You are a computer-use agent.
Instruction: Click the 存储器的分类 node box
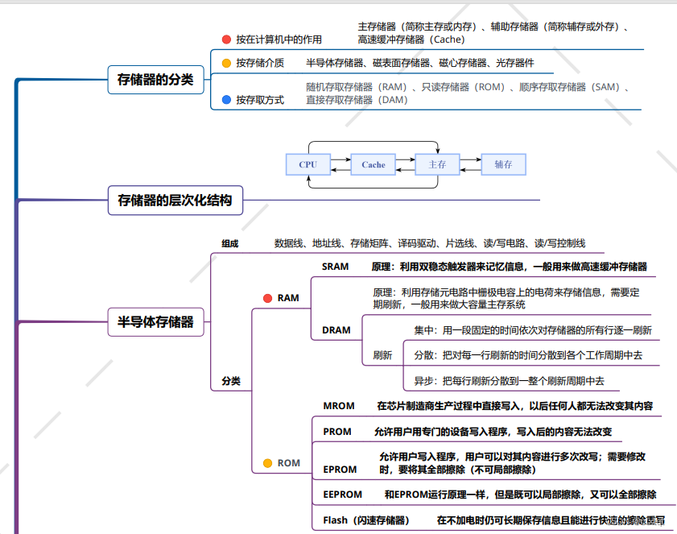coord(155,80)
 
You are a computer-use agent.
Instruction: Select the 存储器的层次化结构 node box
coord(175,200)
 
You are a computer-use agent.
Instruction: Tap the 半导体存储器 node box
coord(155,322)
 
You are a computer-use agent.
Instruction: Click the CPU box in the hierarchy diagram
coord(308,164)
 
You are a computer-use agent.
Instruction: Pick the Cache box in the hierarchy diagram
coord(374,164)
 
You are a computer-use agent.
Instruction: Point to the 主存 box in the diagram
coord(437,164)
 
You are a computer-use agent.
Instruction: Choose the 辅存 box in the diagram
coord(503,164)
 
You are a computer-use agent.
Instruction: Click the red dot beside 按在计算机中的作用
coord(226,39)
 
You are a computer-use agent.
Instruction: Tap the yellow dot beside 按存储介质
coord(226,63)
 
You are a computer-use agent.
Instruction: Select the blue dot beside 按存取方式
coord(226,100)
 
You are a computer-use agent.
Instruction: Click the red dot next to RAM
coord(267,298)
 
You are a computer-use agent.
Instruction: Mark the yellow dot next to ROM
coord(267,463)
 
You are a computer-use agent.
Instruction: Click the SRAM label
coord(336,267)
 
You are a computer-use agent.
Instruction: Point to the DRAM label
coord(336,330)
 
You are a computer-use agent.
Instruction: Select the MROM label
coord(339,406)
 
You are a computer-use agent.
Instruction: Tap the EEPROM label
coord(343,495)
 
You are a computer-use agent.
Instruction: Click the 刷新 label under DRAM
coord(382,355)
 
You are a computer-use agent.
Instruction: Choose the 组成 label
coord(230,243)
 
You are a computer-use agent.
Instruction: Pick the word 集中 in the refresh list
coord(423,330)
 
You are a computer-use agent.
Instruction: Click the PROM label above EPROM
coord(337,432)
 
